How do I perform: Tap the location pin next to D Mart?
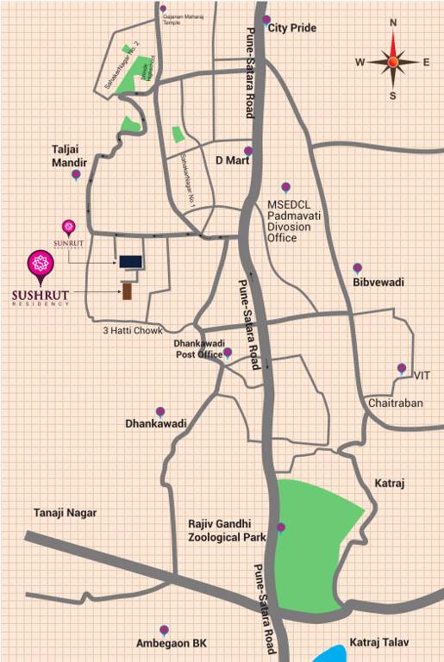tap(248, 152)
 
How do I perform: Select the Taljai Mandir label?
tap(71, 155)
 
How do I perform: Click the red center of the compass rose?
tap(393, 61)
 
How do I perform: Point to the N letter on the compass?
tap(393, 24)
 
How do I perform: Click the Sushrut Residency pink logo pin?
tap(40, 266)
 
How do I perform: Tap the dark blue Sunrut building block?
tap(130, 261)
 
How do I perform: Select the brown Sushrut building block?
tap(128, 290)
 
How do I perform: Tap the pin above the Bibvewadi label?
tap(357, 268)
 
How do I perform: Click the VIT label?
tap(422, 376)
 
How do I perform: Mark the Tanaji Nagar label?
tap(66, 513)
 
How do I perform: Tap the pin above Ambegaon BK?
tap(163, 631)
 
